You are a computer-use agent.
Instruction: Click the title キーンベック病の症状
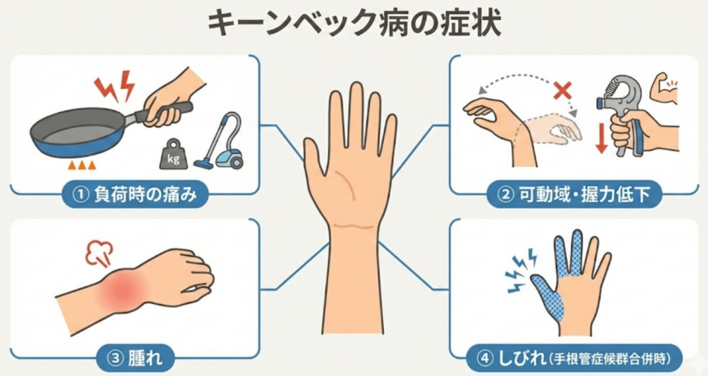(x=355, y=24)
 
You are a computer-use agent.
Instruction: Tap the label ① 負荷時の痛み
(x=135, y=195)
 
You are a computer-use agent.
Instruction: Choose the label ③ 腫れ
(x=136, y=359)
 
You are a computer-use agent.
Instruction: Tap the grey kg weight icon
(x=173, y=154)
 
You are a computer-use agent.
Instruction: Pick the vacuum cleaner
(x=220, y=141)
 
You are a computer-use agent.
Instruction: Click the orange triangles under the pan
(x=82, y=165)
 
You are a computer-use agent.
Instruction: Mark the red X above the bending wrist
(x=562, y=91)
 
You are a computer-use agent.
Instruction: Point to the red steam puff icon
(x=99, y=253)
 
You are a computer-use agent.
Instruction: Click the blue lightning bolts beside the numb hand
(x=520, y=271)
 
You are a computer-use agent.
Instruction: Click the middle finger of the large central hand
(x=357, y=116)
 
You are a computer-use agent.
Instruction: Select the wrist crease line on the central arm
(x=353, y=225)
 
